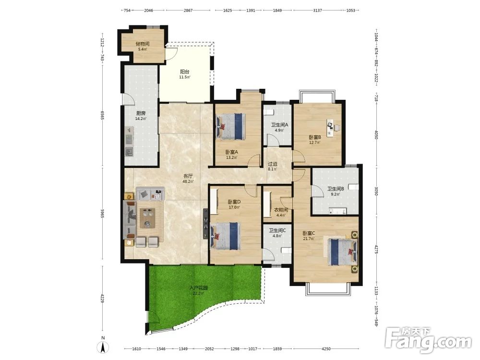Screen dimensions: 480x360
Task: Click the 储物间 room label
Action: pos(143,44)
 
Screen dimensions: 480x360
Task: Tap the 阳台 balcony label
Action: pos(185,72)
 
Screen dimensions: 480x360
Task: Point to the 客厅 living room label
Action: pos(188,176)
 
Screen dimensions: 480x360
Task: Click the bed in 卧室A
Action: pos(231,127)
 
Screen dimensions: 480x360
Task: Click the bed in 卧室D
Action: pos(225,236)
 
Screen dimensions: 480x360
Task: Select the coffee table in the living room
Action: pos(147,218)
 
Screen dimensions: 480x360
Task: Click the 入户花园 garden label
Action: pos(198,288)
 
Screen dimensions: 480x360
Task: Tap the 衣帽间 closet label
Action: pos(281,210)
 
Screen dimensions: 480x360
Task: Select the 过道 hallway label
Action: pos(273,164)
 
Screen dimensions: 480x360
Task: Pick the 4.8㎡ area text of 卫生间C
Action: pos(277,236)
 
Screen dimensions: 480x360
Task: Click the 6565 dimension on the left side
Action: pos(102,115)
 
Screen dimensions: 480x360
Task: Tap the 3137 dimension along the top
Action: pos(317,11)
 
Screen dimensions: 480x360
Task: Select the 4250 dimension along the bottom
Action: pos(326,348)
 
